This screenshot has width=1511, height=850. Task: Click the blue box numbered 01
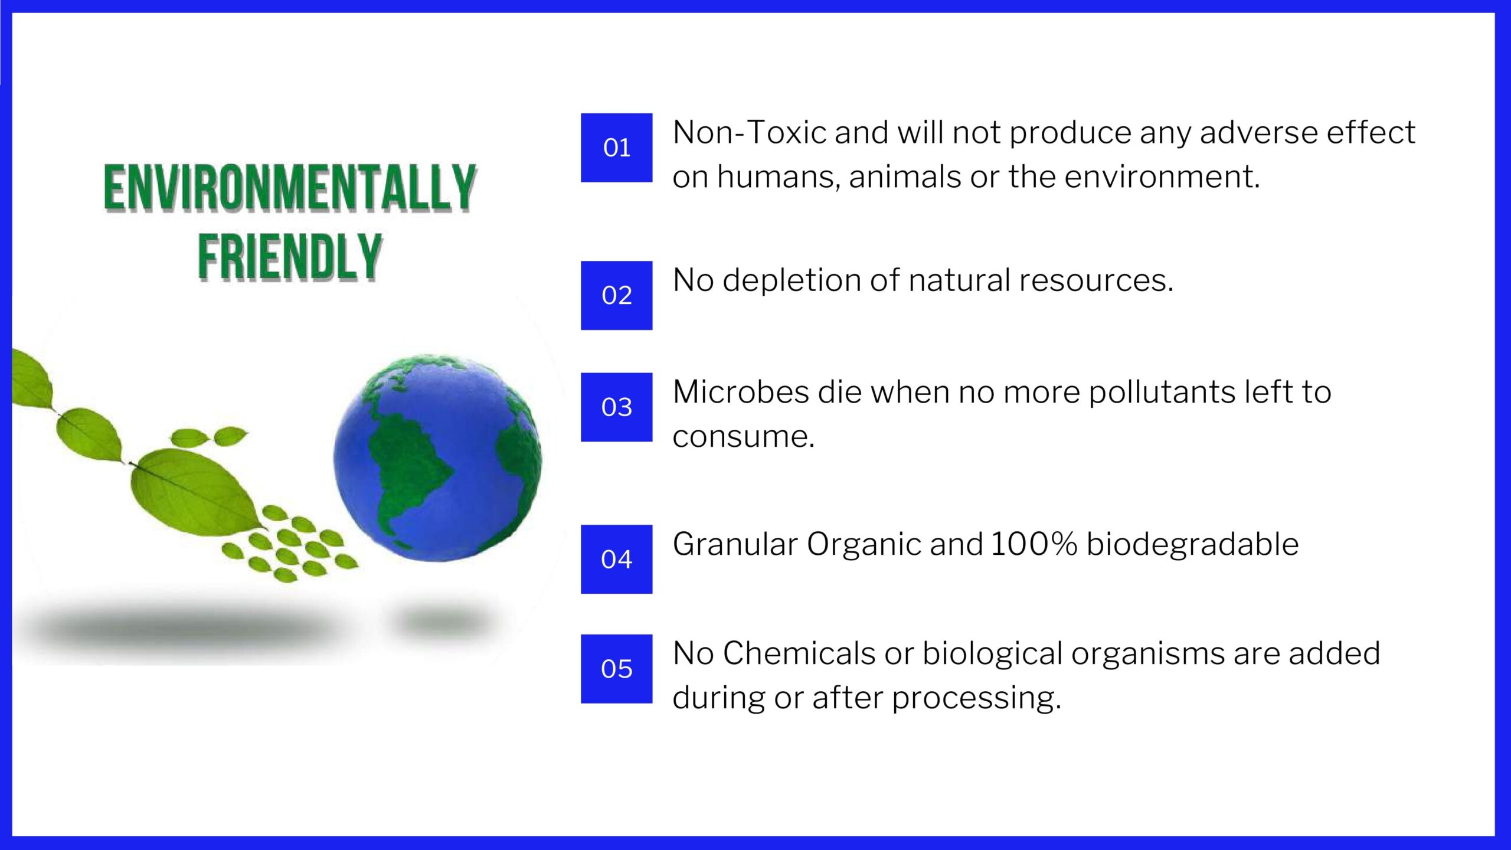click(x=616, y=148)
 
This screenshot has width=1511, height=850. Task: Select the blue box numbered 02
click(x=616, y=295)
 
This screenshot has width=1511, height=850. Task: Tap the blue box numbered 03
click(x=616, y=407)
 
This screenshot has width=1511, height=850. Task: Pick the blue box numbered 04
click(x=616, y=559)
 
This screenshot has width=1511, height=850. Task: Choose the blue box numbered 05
click(x=616, y=669)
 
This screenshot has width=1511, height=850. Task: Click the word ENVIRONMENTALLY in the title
click(x=290, y=188)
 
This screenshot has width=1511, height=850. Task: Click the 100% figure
click(x=1034, y=544)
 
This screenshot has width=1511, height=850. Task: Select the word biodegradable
click(x=1192, y=544)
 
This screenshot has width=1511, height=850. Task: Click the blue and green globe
click(x=437, y=458)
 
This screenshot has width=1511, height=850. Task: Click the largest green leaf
click(x=195, y=491)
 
